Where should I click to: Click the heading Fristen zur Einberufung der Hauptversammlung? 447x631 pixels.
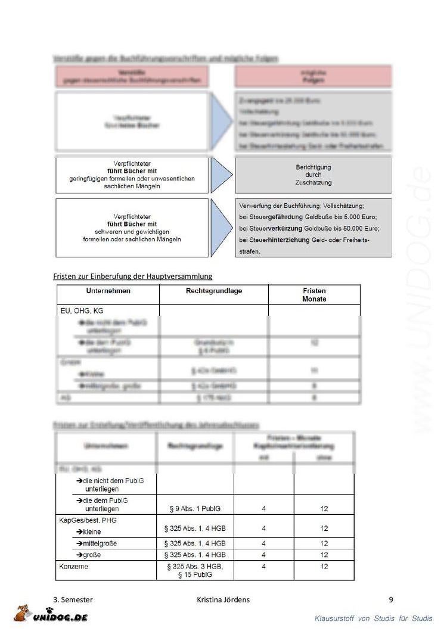[x=132, y=276]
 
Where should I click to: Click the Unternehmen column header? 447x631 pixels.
[x=108, y=291]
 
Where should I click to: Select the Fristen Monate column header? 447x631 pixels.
[x=314, y=294]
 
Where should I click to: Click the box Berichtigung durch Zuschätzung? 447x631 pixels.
[x=313, y=175]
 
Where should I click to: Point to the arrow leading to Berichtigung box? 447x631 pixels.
[x=221, y=175]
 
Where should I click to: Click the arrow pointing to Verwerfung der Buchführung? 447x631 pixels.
[x=221, y=227]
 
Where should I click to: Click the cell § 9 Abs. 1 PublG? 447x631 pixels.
[x=195, y=509]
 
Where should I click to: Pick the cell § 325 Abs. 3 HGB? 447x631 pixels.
[x=195, y=566]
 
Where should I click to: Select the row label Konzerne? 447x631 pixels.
[x=73, y=566]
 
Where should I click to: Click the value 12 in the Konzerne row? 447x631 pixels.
[x=324, y=566]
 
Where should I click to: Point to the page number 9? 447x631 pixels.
[x=390, y=599]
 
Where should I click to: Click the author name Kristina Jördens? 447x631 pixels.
[x=223, y=599]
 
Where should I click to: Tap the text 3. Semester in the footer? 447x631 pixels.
[x=73, y=599]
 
